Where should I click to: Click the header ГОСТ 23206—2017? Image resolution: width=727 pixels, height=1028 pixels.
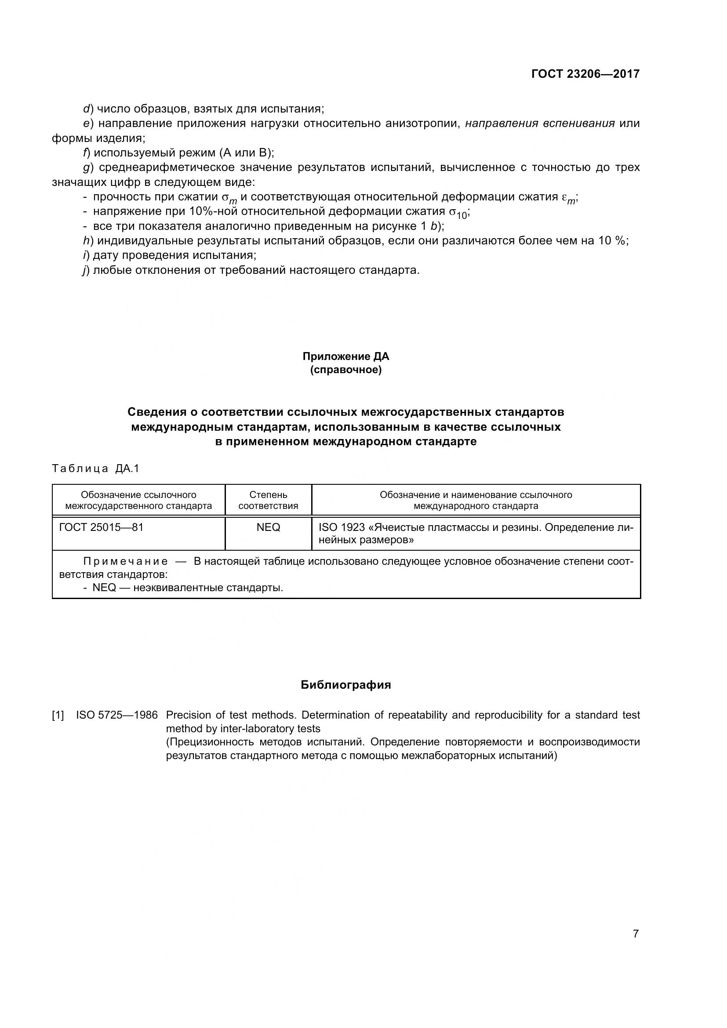point(585,74)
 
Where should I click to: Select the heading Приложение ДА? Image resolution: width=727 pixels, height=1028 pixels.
point(345,356)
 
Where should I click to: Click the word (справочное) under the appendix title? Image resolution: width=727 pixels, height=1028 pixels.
point(345,370)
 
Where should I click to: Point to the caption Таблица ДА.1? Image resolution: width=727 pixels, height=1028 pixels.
point(96,469)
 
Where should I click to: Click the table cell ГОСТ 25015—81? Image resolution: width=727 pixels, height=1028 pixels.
point(101,527)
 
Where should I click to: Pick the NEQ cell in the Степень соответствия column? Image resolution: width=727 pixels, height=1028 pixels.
point(268,527)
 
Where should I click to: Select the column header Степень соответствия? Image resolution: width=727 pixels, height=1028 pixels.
point(268,500)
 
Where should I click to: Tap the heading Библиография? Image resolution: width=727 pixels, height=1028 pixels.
point(345,685)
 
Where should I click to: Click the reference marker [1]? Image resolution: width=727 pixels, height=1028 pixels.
point(58,715)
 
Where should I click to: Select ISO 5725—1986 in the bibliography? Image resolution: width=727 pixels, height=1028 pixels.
point(117,715)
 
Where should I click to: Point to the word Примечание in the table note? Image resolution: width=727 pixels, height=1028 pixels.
point(126,561)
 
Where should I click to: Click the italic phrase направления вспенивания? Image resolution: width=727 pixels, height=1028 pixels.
point(539,124)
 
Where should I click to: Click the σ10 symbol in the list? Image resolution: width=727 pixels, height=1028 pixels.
point(458,213)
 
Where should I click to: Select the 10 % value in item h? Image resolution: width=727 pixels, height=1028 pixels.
point(611,241)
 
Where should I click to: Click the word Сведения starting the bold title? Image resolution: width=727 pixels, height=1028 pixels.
point(156,412)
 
